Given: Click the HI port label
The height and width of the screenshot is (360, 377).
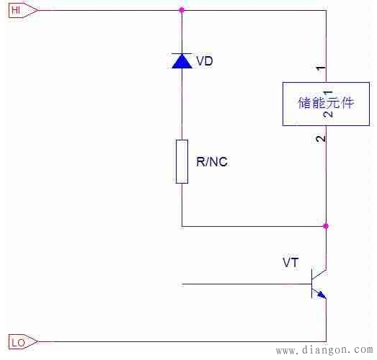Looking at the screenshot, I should [16, 9].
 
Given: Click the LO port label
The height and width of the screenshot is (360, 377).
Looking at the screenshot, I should [17, 342].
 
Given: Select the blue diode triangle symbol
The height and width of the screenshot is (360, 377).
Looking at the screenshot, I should [181, 60].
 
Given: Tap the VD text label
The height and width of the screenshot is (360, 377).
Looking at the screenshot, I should [205, 61].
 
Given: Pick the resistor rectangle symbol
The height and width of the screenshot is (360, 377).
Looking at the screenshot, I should [182, 161].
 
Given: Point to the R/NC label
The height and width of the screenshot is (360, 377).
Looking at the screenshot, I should [212, 162].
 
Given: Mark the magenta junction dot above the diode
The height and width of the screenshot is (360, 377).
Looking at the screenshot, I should [181, 10].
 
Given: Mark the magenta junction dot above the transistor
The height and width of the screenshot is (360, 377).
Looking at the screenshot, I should [326, 226].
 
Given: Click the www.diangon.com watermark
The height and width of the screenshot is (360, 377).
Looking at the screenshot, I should [324, 351].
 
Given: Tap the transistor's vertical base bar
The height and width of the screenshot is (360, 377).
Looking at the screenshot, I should [311, 284].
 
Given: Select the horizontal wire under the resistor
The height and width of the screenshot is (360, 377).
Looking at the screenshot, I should [252, 226].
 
